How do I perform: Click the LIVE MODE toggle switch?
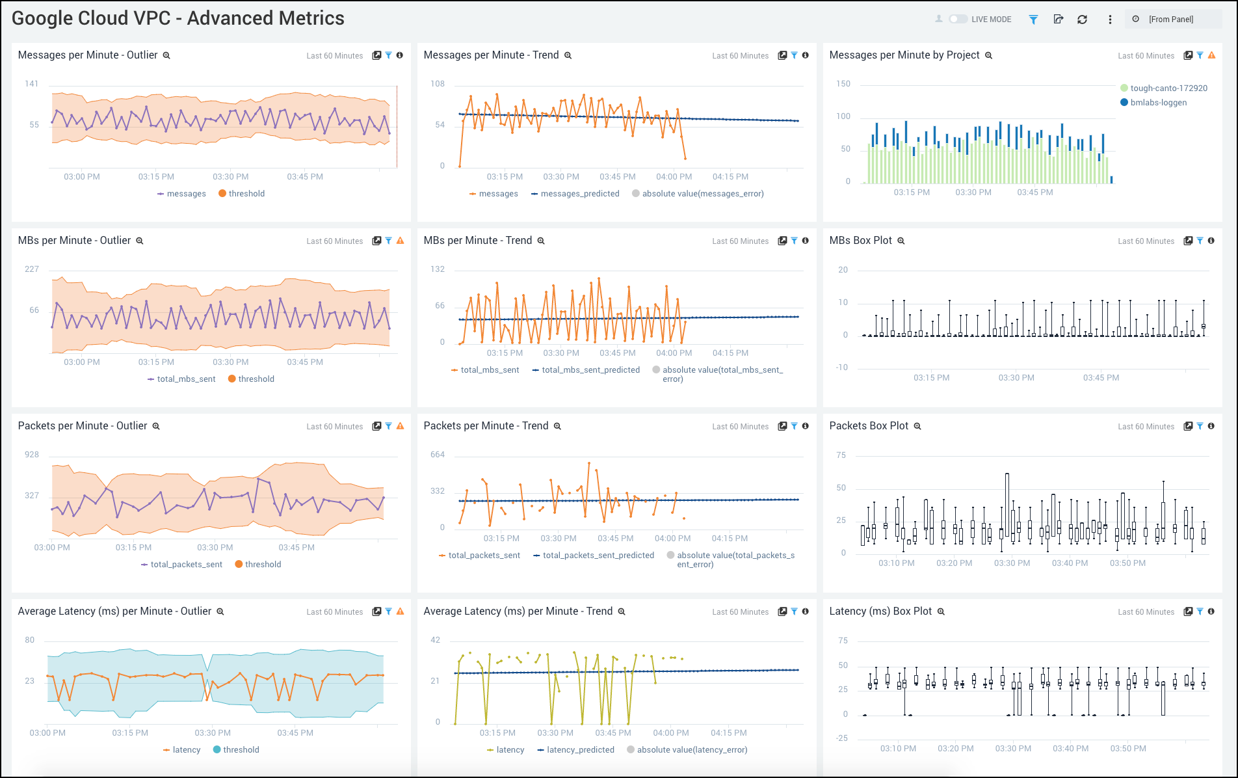click(958, 19)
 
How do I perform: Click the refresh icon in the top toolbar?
click(1082, 20)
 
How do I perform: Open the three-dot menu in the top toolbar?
click(1110, 20)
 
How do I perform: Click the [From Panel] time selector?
click(1170, 20)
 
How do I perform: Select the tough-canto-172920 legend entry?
click(1168, 88)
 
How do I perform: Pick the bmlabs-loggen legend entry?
click(1158, 103)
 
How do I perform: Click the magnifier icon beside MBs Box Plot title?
click(901, 241)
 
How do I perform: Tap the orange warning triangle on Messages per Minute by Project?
click(1211, 55)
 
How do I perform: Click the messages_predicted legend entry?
click(579, 194)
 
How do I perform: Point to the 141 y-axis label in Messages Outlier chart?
click(31, 84)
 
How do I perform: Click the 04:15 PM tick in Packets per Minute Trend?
click(730, 538)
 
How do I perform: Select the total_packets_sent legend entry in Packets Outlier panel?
click(186, 565)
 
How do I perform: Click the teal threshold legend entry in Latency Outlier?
click(241, 750)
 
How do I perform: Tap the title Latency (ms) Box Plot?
click(880, 611)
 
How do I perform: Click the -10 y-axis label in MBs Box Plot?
click(841, 368)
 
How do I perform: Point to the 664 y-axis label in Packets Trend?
click(437, 455)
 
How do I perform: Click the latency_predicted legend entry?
click(580, 750)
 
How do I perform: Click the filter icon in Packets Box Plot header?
click(1200, 426)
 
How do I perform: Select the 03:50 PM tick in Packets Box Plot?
click(1127, 563)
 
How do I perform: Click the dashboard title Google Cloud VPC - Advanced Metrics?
click(178, 18)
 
